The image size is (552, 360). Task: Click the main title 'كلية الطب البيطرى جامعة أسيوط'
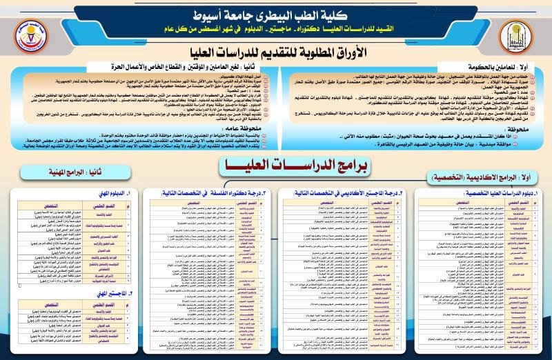pos(276,14)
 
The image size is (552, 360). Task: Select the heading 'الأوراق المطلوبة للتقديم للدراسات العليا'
pos(276,53)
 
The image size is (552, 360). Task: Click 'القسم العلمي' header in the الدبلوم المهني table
pos(104,205)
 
